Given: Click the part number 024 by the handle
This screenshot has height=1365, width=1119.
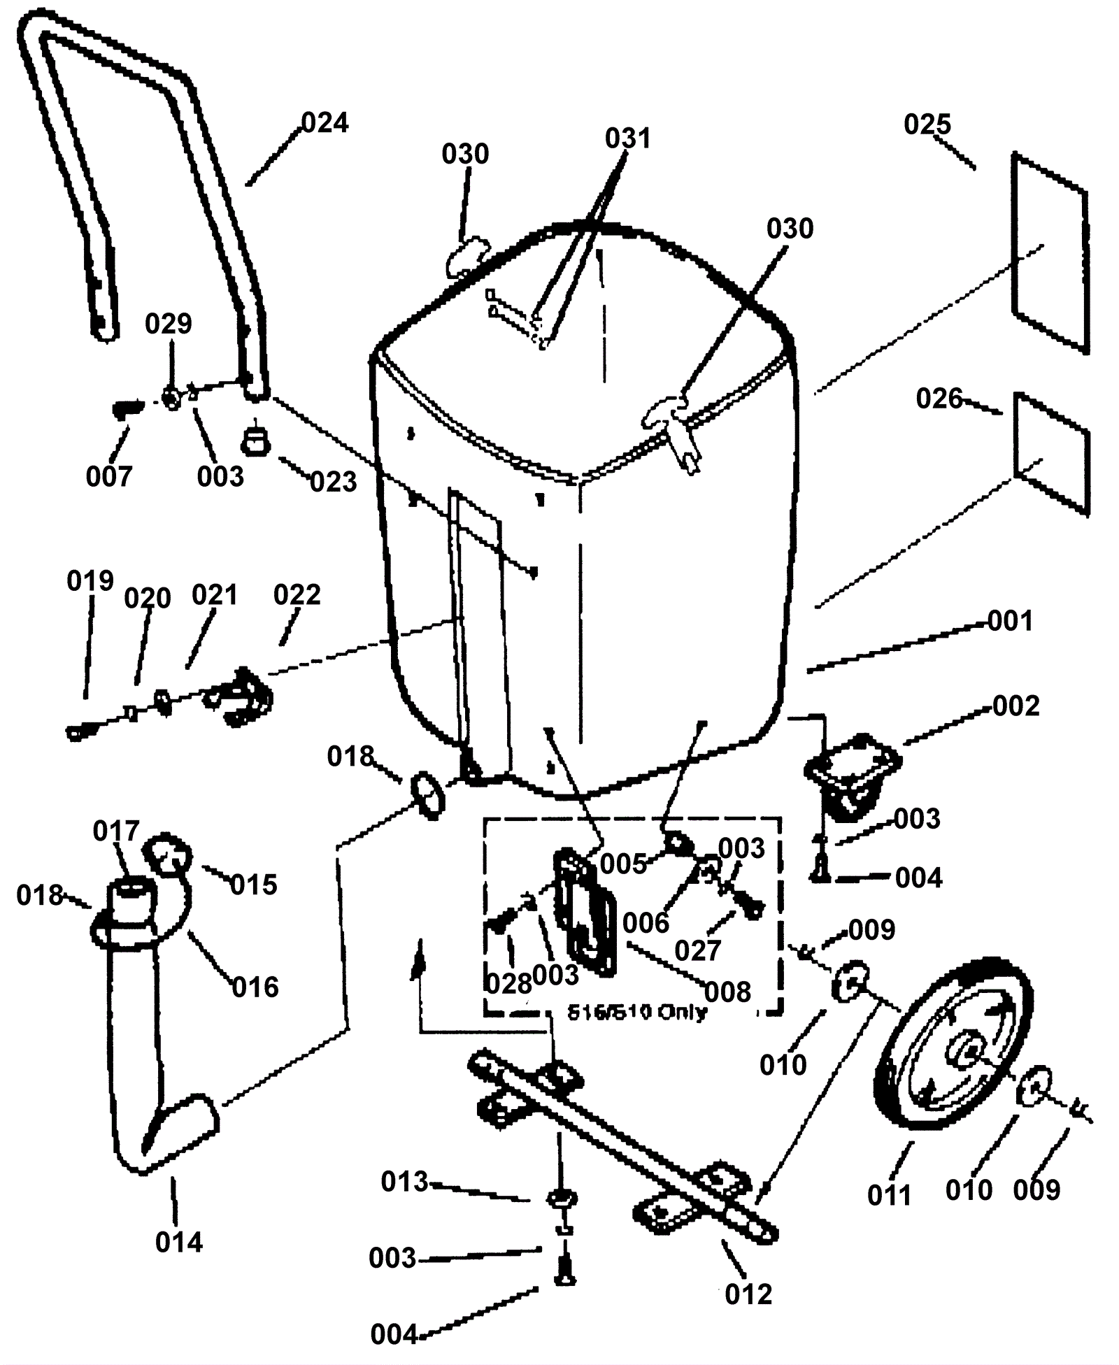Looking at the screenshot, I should click(325, 123).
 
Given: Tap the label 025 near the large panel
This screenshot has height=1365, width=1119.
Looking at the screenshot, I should click(927, 125).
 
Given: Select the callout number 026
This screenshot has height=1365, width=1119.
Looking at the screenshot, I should click(939, 399).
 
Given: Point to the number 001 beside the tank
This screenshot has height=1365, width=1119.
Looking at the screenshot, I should click(1010, 621).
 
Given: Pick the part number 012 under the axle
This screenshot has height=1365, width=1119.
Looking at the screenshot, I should click(748, 1294).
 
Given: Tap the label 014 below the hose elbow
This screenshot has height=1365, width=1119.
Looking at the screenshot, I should click(179, 1243).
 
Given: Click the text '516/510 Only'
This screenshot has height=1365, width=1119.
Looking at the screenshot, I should click(637, 1013).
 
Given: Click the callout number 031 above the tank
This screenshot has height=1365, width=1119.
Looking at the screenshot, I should click(627, 138).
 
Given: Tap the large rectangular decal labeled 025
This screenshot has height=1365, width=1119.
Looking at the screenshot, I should click(1050, 253).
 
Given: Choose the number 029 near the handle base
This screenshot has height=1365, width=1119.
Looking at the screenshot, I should click(169, 324).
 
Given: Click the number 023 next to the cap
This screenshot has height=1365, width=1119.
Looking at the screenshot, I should click(334, 482).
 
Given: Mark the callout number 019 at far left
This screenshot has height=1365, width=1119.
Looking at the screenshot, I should click(90, 581).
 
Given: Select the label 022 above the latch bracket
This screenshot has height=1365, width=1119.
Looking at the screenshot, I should click(297, 594).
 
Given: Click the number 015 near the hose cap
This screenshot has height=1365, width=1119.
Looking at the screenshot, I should click(254, 885).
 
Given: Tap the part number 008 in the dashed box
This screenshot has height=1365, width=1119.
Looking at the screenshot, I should click(728, 992).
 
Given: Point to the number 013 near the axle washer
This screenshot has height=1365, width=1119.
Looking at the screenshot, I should click(404, 1182).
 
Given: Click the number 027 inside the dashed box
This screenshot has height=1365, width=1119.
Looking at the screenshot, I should click(698, 950).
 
